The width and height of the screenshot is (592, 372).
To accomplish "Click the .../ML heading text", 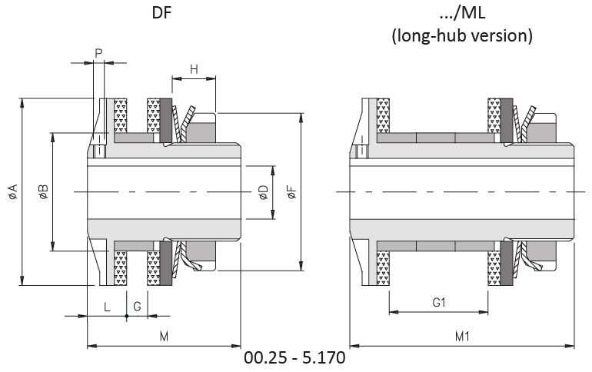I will [x=461, y=15].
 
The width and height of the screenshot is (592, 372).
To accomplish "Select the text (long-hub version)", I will [x=461, y=35].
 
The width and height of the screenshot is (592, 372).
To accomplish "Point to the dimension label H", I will [x=194, y=69].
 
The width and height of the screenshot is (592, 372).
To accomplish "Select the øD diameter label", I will [x=263, y=192].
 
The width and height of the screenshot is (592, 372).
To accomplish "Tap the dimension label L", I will [x=107, y=307].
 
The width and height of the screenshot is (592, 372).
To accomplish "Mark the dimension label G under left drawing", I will [x=137, y=307].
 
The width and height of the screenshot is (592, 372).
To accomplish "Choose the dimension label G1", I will [x=439, y=303].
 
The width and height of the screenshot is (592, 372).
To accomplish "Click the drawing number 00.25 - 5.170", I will [x=294, y=358].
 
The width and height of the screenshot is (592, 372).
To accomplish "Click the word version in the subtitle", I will [x=504, y=35].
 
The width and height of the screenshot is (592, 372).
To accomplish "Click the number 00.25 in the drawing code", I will [x=263, y=358].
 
